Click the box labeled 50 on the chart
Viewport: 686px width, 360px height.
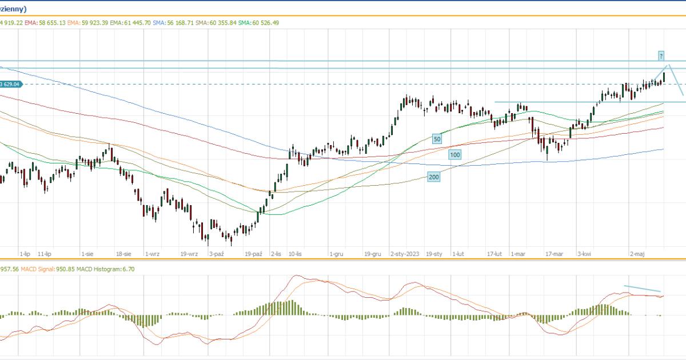coord(437,139)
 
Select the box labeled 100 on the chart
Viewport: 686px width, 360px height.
coord(454,155)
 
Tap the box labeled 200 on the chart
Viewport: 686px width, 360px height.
coord(434,177)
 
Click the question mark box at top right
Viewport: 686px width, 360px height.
coord(661,56)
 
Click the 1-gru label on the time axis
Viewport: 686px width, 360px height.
coord(336,253)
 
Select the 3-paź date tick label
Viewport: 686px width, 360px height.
coord(216,253)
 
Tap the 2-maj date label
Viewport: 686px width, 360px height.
coord(638,253)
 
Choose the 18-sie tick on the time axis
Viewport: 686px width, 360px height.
coord(124,253)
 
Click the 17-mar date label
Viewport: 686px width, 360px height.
coord(554,253)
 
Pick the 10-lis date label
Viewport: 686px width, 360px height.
coord(296,253)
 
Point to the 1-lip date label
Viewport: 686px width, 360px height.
coord(25,253)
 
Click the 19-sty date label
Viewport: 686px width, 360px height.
coord(434,253)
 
